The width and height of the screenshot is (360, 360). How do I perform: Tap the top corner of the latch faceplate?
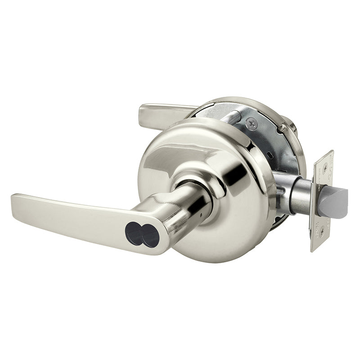(x=332, y=152)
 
